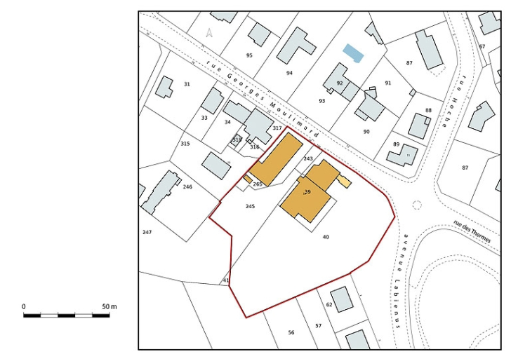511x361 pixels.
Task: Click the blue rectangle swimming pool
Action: click(x=353, y=53)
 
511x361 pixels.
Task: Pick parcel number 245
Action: click(x=250, y=206)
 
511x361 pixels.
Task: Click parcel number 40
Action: click(x=326, y=237)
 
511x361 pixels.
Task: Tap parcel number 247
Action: click(x=147, y=232)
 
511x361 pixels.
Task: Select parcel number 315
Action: click(x=185, y=144)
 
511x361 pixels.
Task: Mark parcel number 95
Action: click(x=249, y=55)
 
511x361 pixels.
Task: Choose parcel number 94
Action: click(x=289, y=73)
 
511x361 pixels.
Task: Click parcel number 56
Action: click(x=291, y=332)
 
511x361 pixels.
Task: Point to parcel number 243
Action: click(x=308, y=159)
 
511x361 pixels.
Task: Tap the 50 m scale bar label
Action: click(x=109, y=307)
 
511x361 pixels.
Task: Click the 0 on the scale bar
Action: click(x=24, y=307)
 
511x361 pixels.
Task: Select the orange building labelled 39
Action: click(x=306, y=200)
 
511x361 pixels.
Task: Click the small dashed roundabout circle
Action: click(x=417, y=205)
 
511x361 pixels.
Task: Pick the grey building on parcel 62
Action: click(x=342, y=299)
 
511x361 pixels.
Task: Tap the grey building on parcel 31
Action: click(x=164, y=87)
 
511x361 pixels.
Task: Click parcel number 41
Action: click(x=226, y=280)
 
